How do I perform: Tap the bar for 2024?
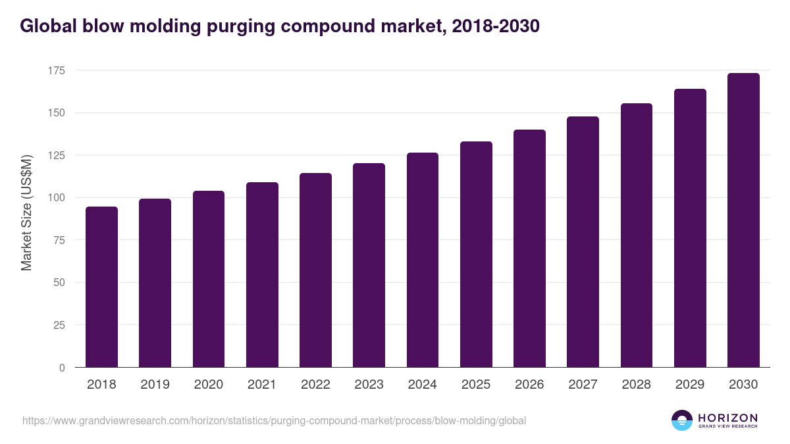point(423,260)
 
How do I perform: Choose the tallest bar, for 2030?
point(743,220)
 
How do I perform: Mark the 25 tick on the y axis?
point(59,326)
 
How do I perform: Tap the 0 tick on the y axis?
point(62,368)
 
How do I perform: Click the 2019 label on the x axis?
point(155,385)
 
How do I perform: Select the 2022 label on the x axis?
point(315,385)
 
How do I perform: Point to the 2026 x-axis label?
point(529,385)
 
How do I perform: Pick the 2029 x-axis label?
point(690,385)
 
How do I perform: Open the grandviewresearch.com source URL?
point(274,420)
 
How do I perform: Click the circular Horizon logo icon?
point(682,420)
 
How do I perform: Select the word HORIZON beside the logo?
point(727,418)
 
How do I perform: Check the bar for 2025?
point(476,255)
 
